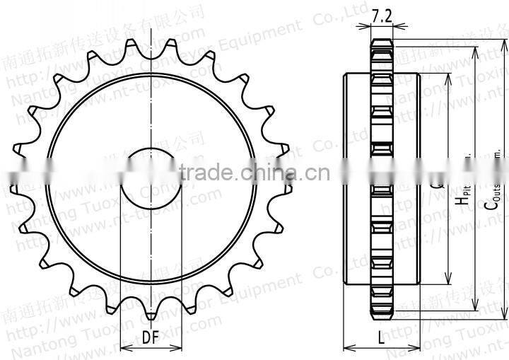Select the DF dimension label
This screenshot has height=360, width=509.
point(151,338)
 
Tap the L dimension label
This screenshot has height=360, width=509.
point(381,338)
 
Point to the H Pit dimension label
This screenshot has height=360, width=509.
point(462,194)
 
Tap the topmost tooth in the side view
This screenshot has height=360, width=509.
point(381,45)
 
